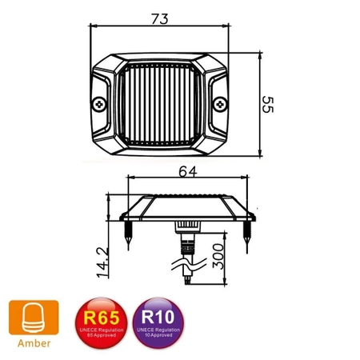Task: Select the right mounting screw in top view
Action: click(220, 103)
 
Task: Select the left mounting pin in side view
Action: click(128, 232)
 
